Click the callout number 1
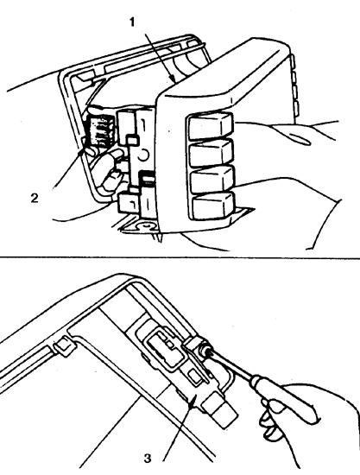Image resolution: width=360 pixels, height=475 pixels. pos(132,22)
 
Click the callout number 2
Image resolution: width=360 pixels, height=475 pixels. pos(35,199)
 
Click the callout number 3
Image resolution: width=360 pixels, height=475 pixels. pos(148,459)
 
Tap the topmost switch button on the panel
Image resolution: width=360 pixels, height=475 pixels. pos(211,126)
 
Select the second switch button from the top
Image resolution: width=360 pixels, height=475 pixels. pos(211,153)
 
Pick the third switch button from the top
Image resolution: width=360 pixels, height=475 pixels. pos(212,179)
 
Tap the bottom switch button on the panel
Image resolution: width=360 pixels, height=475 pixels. pos(213,206)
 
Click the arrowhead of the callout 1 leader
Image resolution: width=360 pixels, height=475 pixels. pos(173,79)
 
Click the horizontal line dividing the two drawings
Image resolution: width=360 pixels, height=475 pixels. pos(180,258)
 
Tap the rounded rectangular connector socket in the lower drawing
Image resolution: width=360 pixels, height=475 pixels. pos(166,347)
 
